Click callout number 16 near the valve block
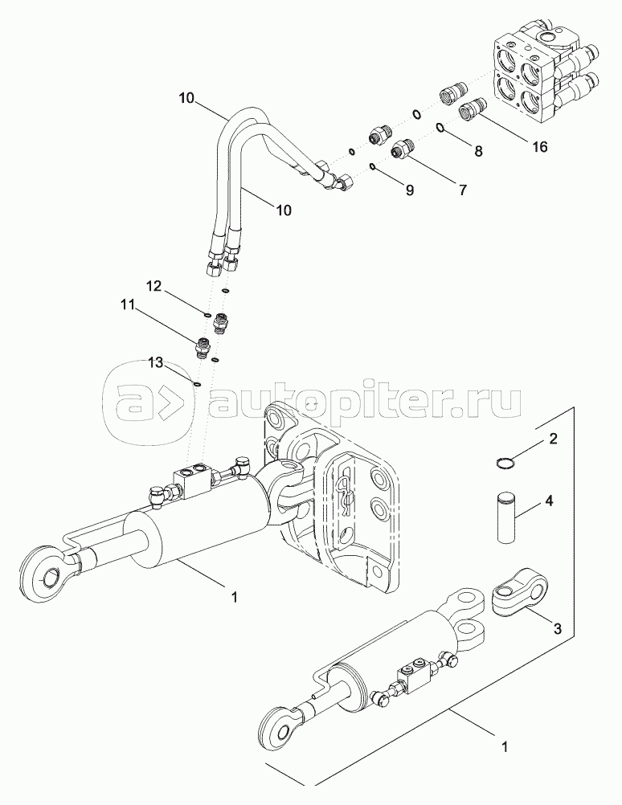tap(539, 147)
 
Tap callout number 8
tap(478, 150)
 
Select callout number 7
tap(462, 190)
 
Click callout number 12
tap(154, 287)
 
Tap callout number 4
tap(549, 500)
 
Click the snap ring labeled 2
tap(505, 461)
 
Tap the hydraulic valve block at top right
tap(531, 76)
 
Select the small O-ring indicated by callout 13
tap(197, 383)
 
